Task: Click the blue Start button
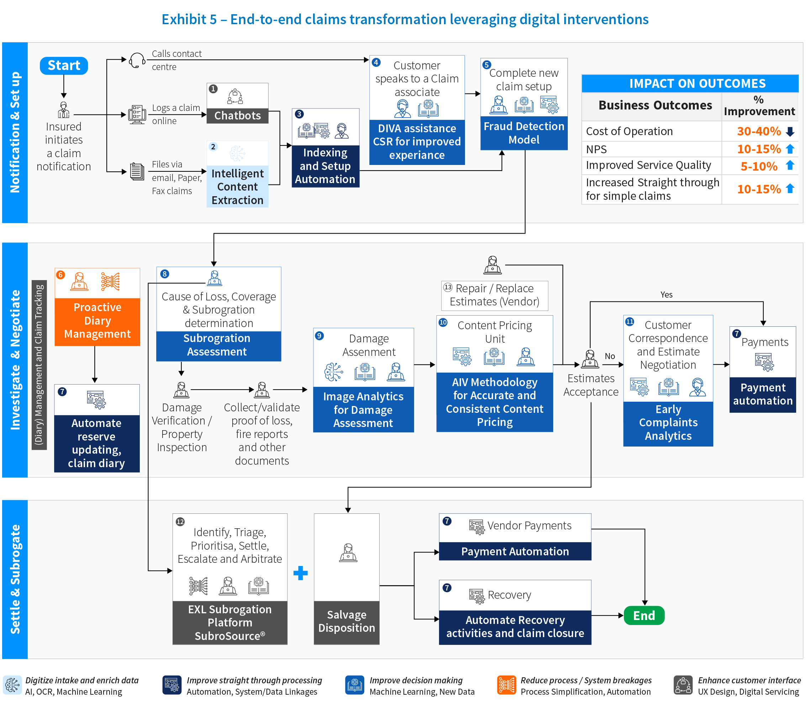(x=64, y=65)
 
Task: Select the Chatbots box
(x=237, y=115)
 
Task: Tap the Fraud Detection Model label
(x=524, y=133)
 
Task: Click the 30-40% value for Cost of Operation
(x=758, y=131)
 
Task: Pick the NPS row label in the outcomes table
(x=596, y=149)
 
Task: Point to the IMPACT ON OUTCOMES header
(x=697, y=84)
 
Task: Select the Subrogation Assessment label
(x=217, y=345)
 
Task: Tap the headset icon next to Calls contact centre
(x=137, y=60)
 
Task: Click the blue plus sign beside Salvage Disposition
(x=301, y=573)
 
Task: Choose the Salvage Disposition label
(x=347, y=621)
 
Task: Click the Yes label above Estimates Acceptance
(x=666, y=294)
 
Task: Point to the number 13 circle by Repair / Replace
(x=448, y=287)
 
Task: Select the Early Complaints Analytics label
(x=668, y=422)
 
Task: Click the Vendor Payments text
(x=529, y=525)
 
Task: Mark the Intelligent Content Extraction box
(x=237, y=187)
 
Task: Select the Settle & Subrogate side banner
(x=15, y=579)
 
